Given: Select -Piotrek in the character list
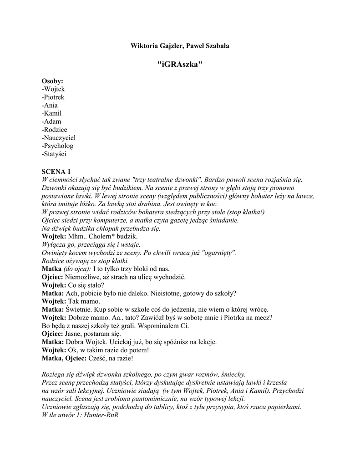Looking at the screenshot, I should tap(53, 97).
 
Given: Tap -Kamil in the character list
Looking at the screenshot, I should tap(51, 113).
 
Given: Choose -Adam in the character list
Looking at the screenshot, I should tap(51, 122).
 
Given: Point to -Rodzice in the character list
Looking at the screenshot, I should tap(54, 130).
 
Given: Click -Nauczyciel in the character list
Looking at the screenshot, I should tap(58, 138).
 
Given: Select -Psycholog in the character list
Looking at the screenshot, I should tap(57, 146).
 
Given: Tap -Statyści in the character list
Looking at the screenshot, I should tap(54, 154).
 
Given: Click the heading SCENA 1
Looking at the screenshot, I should tap(56, 172).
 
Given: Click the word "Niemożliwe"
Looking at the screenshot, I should tap(84, 277).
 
